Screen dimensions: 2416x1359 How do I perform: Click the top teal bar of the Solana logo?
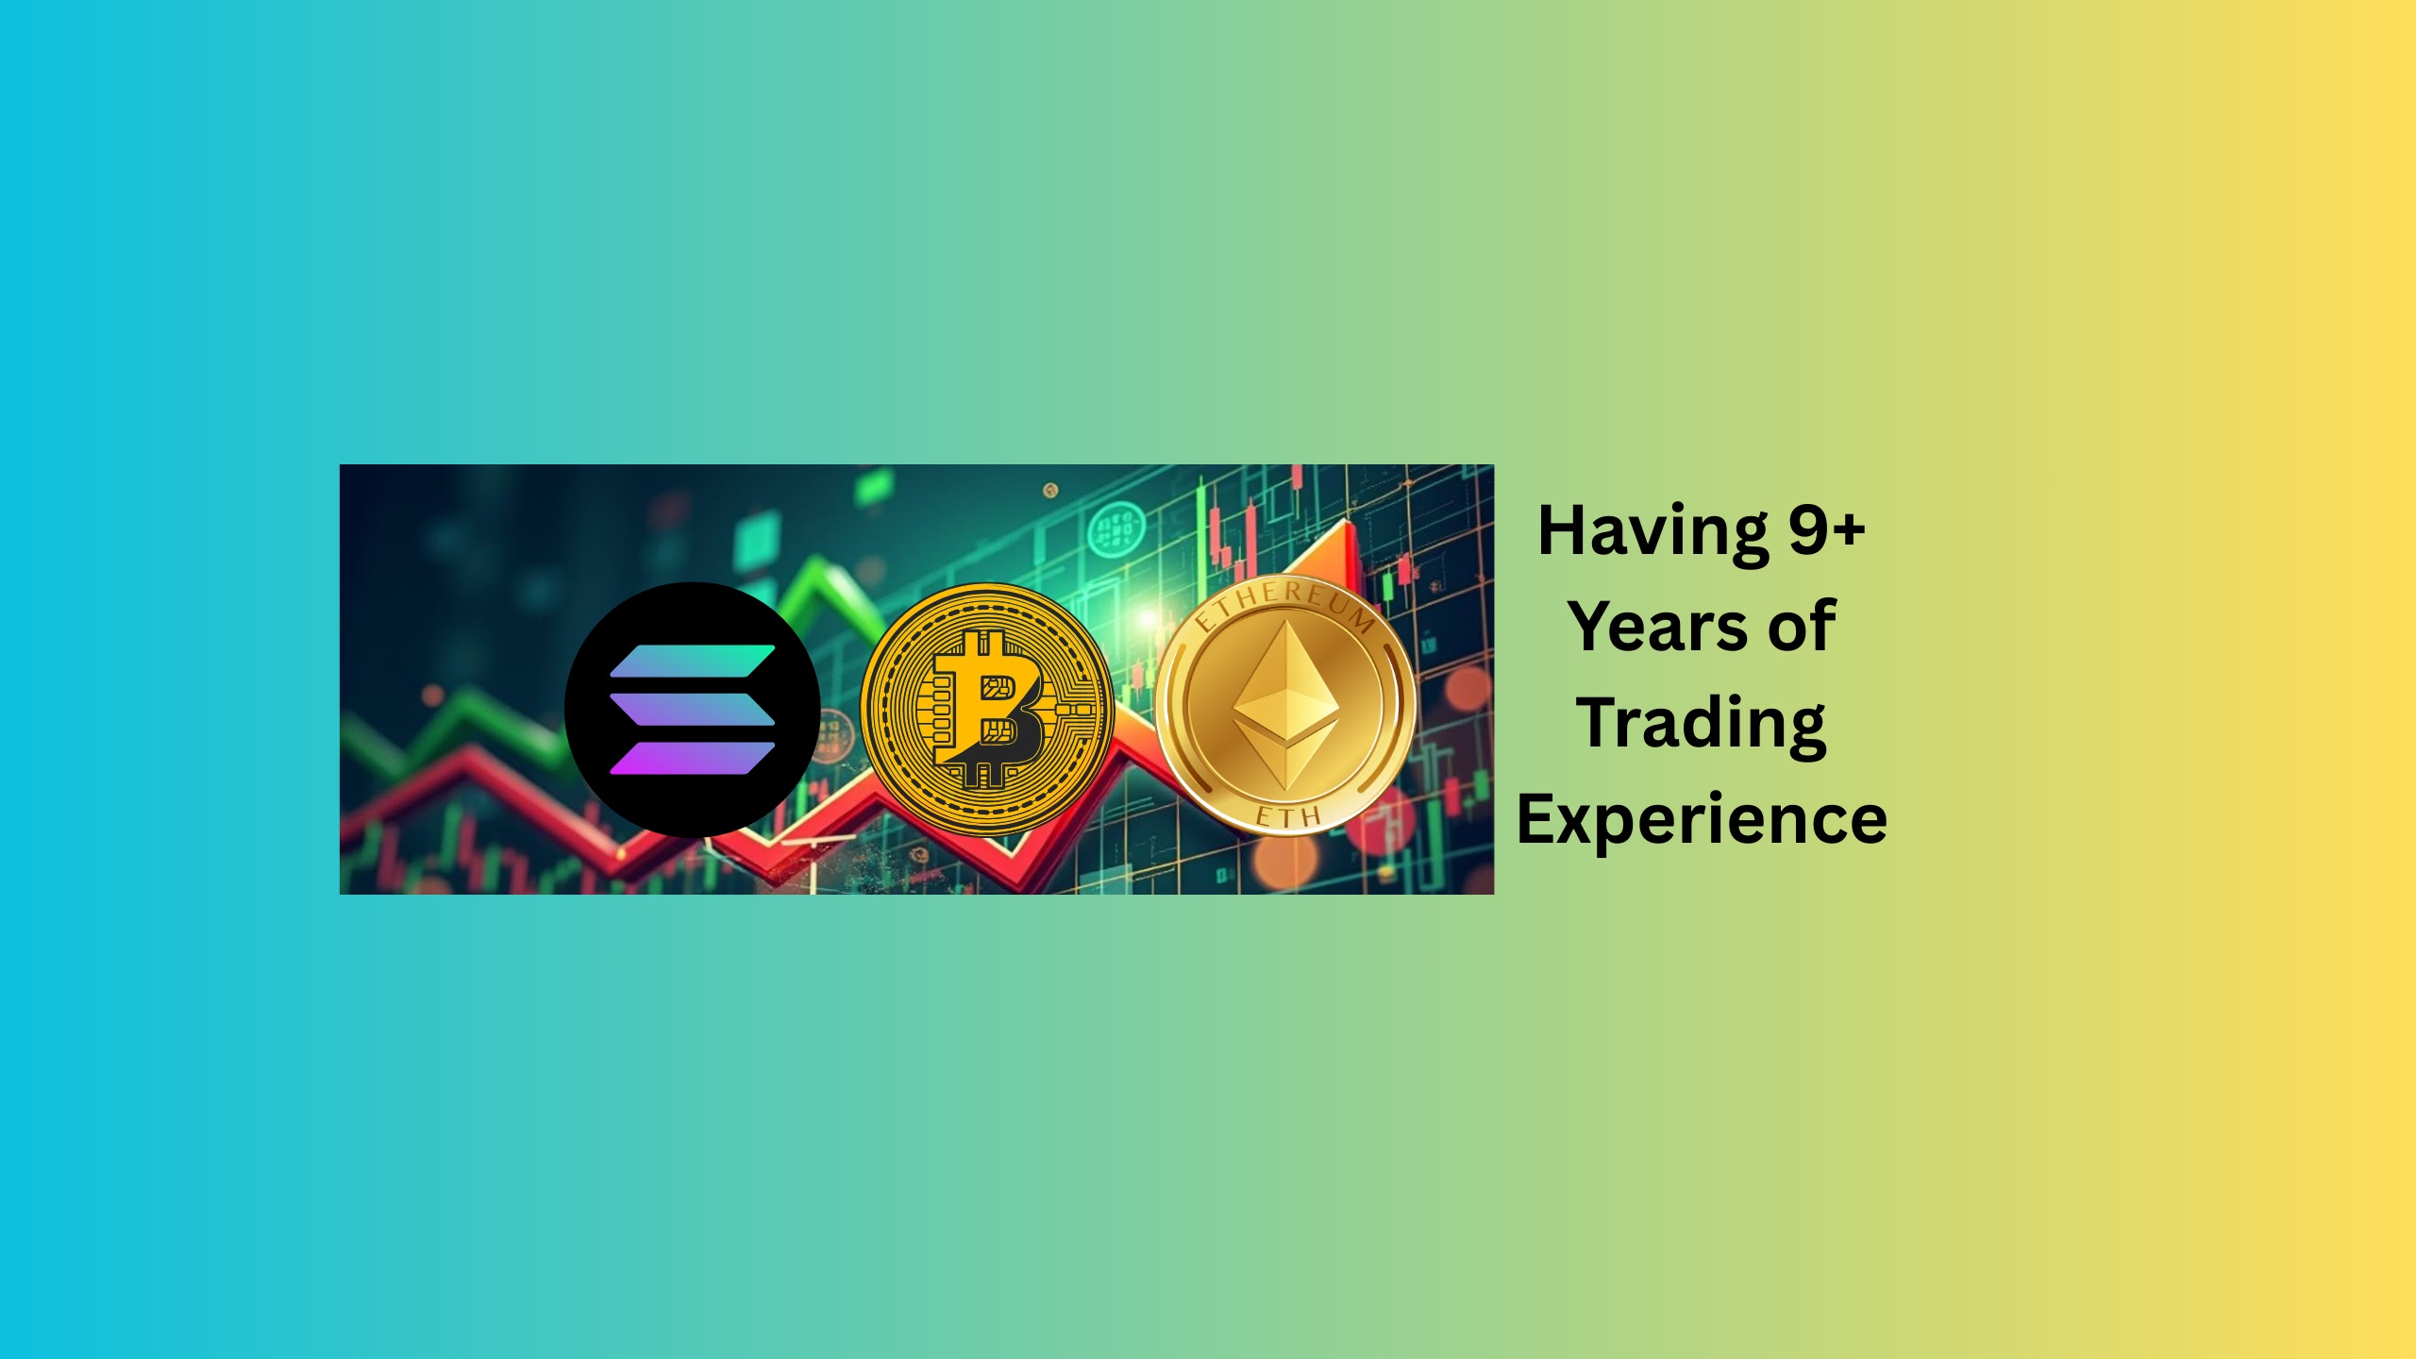(693, 662)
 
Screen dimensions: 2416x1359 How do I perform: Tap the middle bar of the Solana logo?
(693, 710)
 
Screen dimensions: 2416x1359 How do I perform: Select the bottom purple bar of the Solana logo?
(693, 758)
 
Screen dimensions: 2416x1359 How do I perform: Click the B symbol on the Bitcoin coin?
(987, 709)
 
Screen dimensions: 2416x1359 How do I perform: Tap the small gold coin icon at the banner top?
(1050, 490)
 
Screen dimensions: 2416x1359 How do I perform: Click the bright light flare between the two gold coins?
(1146, 618)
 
